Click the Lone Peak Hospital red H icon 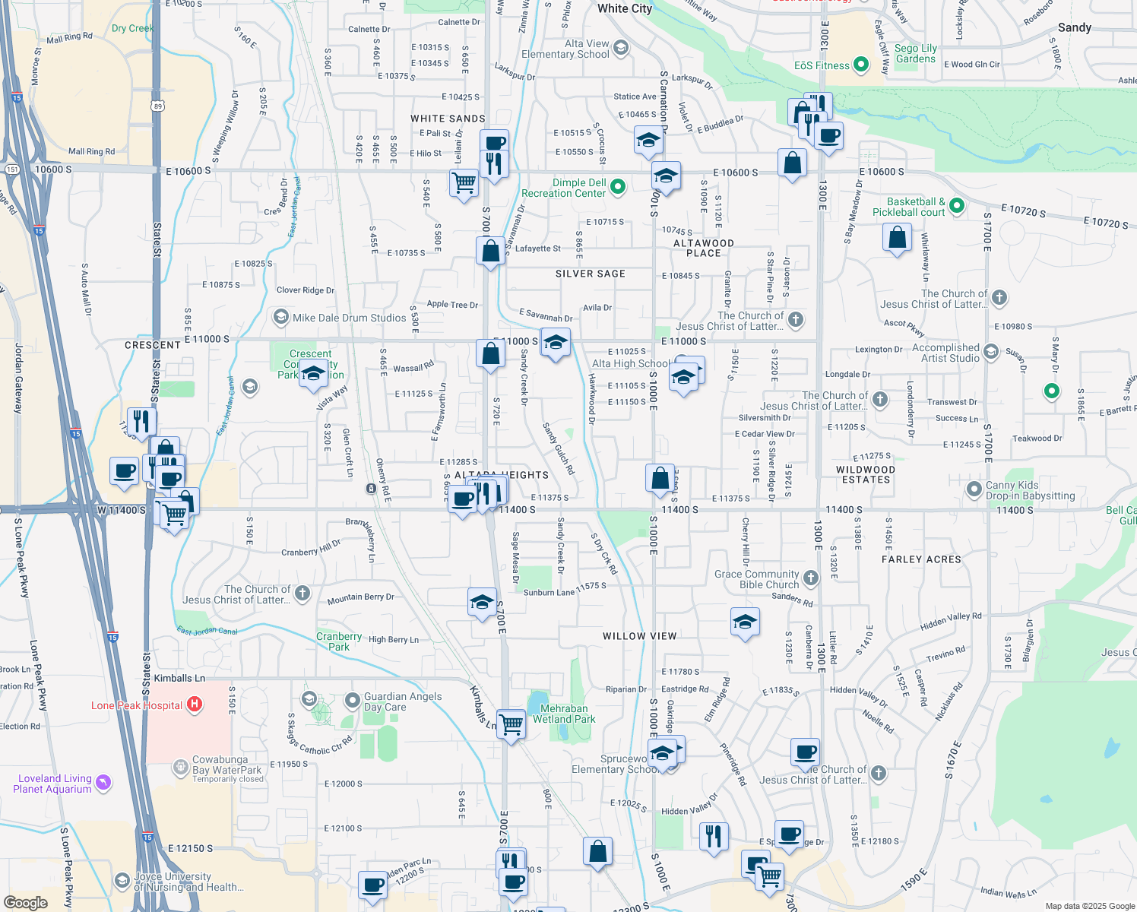click(x=195, y=705)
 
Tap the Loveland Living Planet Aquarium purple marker click(x=104, y=782)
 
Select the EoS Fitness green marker click(x=861, y=65)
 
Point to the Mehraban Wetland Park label click(x=564, y=714)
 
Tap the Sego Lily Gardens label click(x=916, y=53)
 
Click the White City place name click(x=624, y=8)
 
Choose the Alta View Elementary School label click(x=565, y=49)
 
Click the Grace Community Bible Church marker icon click(x=811, y=578)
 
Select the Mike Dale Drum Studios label click(x=350, y=318)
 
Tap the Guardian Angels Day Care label click(x=403, y=701)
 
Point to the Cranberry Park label click(x=339, y=641)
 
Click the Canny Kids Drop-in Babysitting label click(x=1030, y=490)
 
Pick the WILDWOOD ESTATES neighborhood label click(x=866, y=474)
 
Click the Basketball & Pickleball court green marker click(x=957, y=205)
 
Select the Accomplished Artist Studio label click(x=945, y=353)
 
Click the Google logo click(x=25, y=902)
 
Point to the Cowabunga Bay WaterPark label click(x=220, y=765)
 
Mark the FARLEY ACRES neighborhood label click(x=921, y=559)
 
